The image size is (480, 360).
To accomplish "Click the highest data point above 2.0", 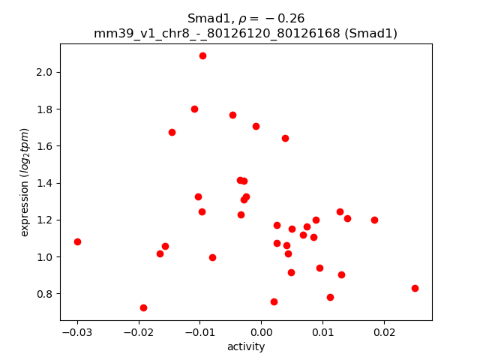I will (202, 55).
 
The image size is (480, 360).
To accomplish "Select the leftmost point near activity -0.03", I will (77, 241).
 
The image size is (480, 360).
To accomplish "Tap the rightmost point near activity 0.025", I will (415, 288).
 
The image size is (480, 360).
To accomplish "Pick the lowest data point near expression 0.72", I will (143, 307).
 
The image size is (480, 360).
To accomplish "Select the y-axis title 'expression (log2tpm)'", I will (25, 182).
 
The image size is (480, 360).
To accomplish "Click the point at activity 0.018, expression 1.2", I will (374, 220).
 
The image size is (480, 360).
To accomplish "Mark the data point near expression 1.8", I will (194, 109).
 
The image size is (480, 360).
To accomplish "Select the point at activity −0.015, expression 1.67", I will (172, 132).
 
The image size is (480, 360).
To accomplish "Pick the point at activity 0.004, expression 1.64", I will (285, 138).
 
